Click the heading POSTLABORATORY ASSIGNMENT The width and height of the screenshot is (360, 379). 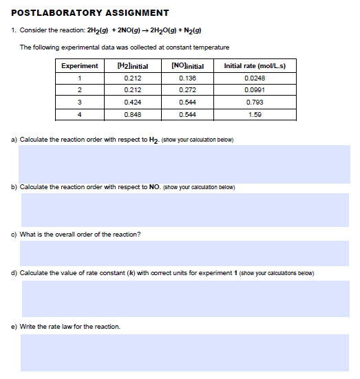click(x=90, y=13)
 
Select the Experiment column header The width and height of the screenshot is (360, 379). click(x=79, y=66)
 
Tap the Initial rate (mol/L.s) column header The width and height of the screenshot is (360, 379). click(x=255, y=66)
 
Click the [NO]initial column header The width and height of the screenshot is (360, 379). click(x=187, y=66)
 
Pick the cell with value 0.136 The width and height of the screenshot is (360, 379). click(x=187, y=78)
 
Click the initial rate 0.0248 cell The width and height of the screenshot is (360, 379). click(x=255, y=78)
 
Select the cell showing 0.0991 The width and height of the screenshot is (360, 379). click(x=255, y=89)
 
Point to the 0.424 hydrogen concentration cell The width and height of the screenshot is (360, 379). click(x=134, y=102)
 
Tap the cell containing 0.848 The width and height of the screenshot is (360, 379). click(x=134, y=114)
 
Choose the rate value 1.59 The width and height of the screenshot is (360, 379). click(x=255, y=114)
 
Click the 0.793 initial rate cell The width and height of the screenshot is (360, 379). click(x=255, y=102)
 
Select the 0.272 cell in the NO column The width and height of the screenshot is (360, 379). click(x=187, y=89)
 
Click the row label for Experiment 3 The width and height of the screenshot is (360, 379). click(x=79, y=102)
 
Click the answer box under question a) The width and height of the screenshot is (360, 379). click(x=184, y=164)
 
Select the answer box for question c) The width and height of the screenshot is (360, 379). click(x=184, y=253)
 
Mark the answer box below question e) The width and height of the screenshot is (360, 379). click(x=184, y=352)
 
